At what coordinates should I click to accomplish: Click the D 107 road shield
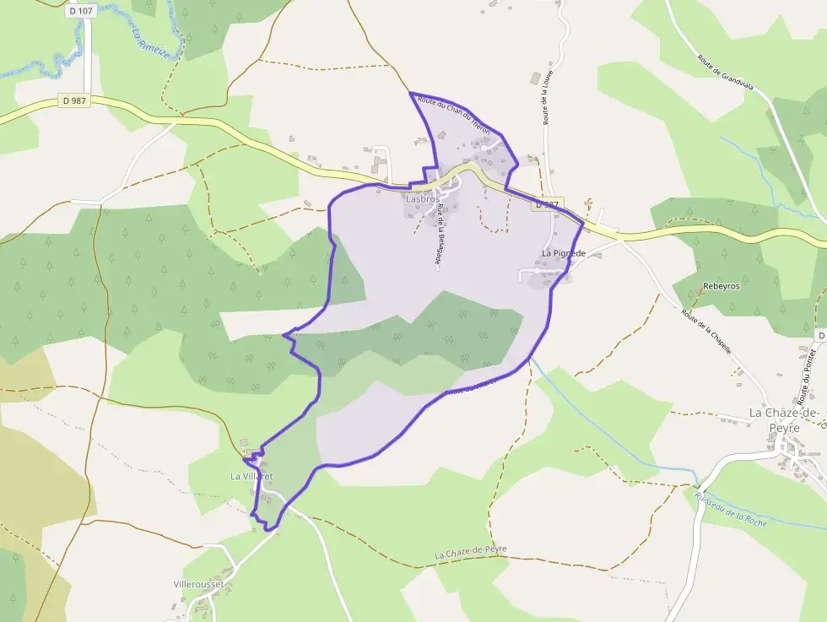click(x=82, y=12)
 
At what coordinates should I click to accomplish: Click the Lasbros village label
click(x=423, y=199)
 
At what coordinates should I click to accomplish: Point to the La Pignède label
click(x=564, y=252)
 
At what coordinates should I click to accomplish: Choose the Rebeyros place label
click(x=721, y=286)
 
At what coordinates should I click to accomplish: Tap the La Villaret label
click(x=251, y=476)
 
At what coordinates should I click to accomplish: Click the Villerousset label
click(x=197, y=584)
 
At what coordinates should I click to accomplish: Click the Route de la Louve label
click(x=548, y=98)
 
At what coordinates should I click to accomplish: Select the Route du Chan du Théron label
click(x=459, y=115)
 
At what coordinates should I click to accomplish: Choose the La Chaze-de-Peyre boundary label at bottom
click(x=472, y=552)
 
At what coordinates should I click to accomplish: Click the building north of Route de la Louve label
click(x=535, y=78)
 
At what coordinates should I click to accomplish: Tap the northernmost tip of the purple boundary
click(x=410, y=93)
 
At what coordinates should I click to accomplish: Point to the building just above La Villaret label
click(x=245, y=444)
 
